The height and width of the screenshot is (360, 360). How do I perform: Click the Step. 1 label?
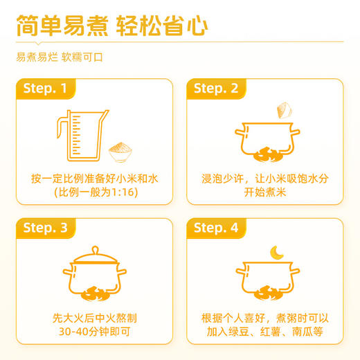point(45,89)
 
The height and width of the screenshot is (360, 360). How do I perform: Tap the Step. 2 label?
point(216,89)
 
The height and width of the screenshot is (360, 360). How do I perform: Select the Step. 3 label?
point(45,228)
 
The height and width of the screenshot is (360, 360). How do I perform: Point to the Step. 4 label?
point(216,228)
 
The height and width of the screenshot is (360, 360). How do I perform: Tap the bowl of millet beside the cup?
point(120,152)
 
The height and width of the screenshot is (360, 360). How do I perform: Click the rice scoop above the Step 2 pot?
point(285,110)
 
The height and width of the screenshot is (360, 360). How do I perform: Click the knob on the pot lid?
point(95,250)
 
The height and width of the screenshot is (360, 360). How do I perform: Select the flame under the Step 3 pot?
point(95,294)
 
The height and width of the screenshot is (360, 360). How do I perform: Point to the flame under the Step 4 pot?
point(268,293)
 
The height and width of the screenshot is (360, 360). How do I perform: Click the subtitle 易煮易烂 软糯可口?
point(60,57)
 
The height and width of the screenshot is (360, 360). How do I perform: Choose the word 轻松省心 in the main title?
point(162,26)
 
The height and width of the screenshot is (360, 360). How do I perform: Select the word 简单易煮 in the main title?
point(62,26)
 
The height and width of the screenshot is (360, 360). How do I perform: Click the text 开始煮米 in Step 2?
point(265,192)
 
